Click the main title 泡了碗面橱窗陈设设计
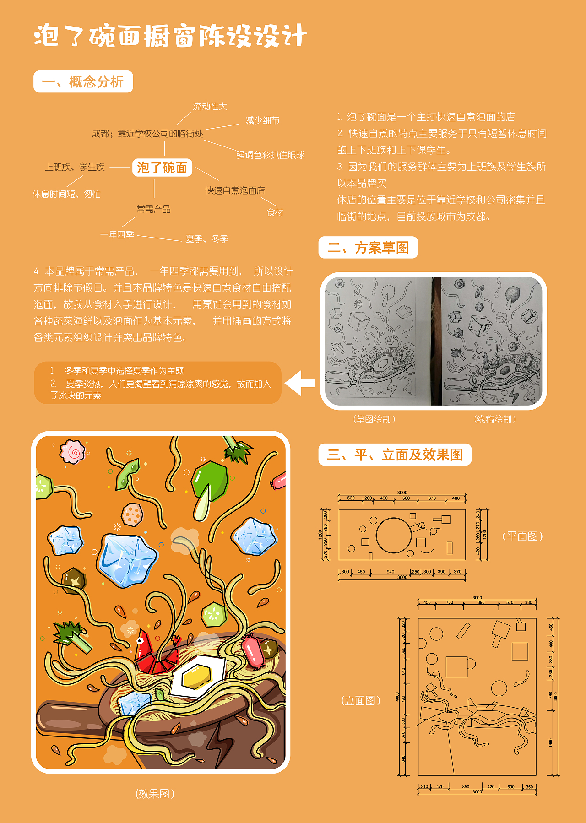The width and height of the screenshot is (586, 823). [x=170, y=36]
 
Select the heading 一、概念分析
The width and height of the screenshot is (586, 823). [x=83, y=82]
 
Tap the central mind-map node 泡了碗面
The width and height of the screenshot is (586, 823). [x=162, y=168]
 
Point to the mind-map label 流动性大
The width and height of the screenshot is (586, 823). [x=210, y=107]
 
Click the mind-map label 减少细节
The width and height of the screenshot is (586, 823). [x=262, y=120]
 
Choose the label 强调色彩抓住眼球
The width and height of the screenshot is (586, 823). [x=270, y=155]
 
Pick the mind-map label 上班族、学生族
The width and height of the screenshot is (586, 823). [x=75, y=167]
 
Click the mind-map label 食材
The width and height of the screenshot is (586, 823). [x=275, y=212]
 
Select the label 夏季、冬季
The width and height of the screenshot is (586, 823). [x=206, y=239]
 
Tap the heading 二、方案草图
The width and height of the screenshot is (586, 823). [x=368, y=248]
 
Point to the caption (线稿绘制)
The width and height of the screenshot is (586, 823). [x=495, y=419]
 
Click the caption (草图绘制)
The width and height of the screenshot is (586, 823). [x=374, y=419]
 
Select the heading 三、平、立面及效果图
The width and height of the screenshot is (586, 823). [x=395, y=455]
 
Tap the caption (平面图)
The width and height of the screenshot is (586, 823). [x=522, y=536]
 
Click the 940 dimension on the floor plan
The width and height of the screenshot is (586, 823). [x=390, y=572]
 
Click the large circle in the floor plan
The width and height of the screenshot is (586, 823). [x=393, y=535]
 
